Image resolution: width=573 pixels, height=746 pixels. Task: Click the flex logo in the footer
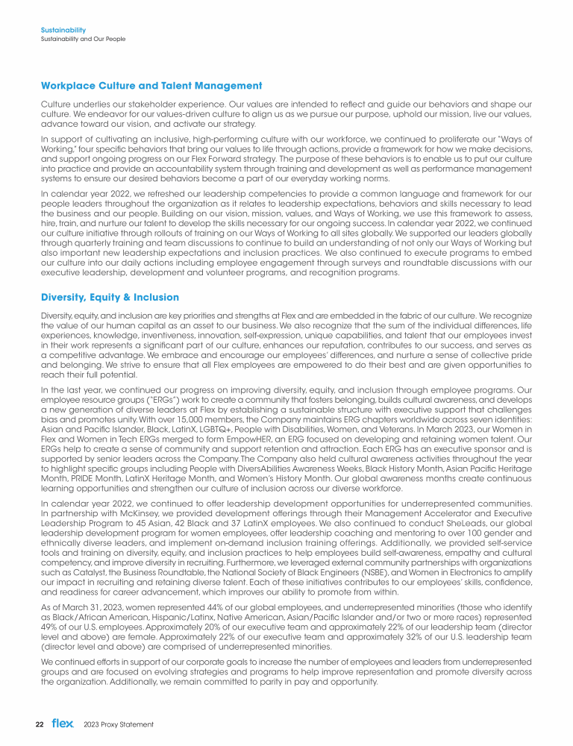coord(63,723)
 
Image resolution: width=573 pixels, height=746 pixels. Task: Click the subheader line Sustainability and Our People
coord(82,38)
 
